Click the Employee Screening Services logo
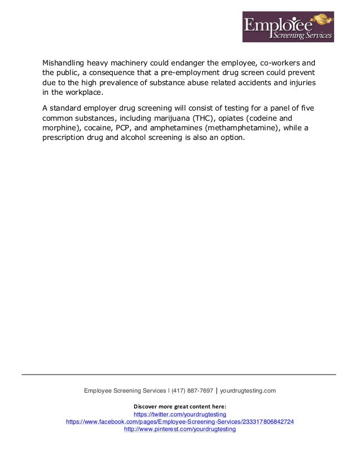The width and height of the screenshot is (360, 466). (288, 27)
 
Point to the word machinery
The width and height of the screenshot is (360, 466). (128, 63)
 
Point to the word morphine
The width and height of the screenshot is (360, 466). (60, 129)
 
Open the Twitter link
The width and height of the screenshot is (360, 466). (180, 414)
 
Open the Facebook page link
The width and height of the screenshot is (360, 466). (180, 421)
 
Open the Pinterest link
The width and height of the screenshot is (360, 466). (180, 429)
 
